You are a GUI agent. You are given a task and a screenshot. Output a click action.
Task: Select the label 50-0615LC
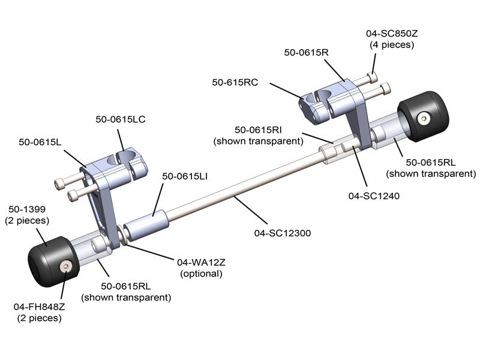[x=121, y=119]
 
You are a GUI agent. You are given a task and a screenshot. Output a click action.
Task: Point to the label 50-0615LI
[x=186, y=176]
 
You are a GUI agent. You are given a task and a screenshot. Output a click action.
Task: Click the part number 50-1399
[x=28, y=209]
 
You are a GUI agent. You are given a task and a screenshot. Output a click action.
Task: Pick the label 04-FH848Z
[x=39, y=307]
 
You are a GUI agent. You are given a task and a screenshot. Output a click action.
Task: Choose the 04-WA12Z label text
[x=201, y=262]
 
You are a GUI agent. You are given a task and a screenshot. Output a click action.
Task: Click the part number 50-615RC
[x=235, y=82]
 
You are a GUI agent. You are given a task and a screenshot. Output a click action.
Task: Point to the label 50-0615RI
[x=259, y=130]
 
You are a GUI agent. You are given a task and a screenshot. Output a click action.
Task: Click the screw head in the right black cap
[x=425, y=119]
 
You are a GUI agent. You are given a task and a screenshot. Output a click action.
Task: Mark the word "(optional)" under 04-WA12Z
[x=201, y=274]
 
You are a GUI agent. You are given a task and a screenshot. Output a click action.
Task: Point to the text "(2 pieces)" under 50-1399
[x=28, y=221]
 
